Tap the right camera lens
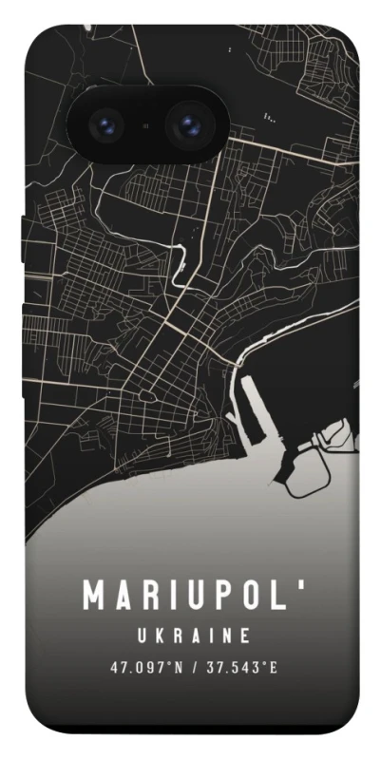coord(187,125)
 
